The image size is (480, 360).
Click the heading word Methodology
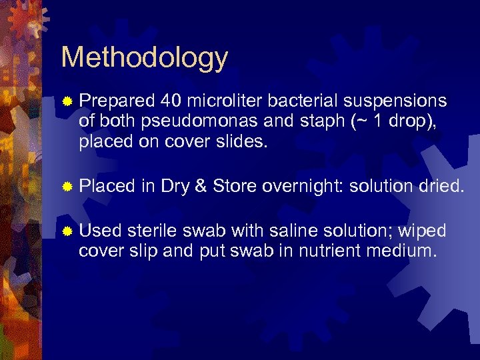click(x=144, y=57)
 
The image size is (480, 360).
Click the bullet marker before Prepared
click(x=67, y=101)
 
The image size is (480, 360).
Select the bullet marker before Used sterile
click(x=67, y=231)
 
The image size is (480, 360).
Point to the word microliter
click(x=221, y=101)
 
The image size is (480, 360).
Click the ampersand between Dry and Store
click(x=200, y=187)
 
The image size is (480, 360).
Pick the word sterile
click(x=153, y=231)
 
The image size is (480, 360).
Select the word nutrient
click(x=348, y=251)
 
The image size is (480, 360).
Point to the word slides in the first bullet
click(x=243, y=143)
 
